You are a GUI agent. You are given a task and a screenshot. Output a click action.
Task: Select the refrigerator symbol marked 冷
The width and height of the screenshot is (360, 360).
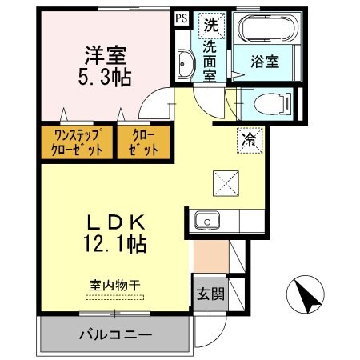(x=249, y=139)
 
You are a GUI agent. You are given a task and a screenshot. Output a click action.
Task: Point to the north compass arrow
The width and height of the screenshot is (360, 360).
(x=305, y=294)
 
